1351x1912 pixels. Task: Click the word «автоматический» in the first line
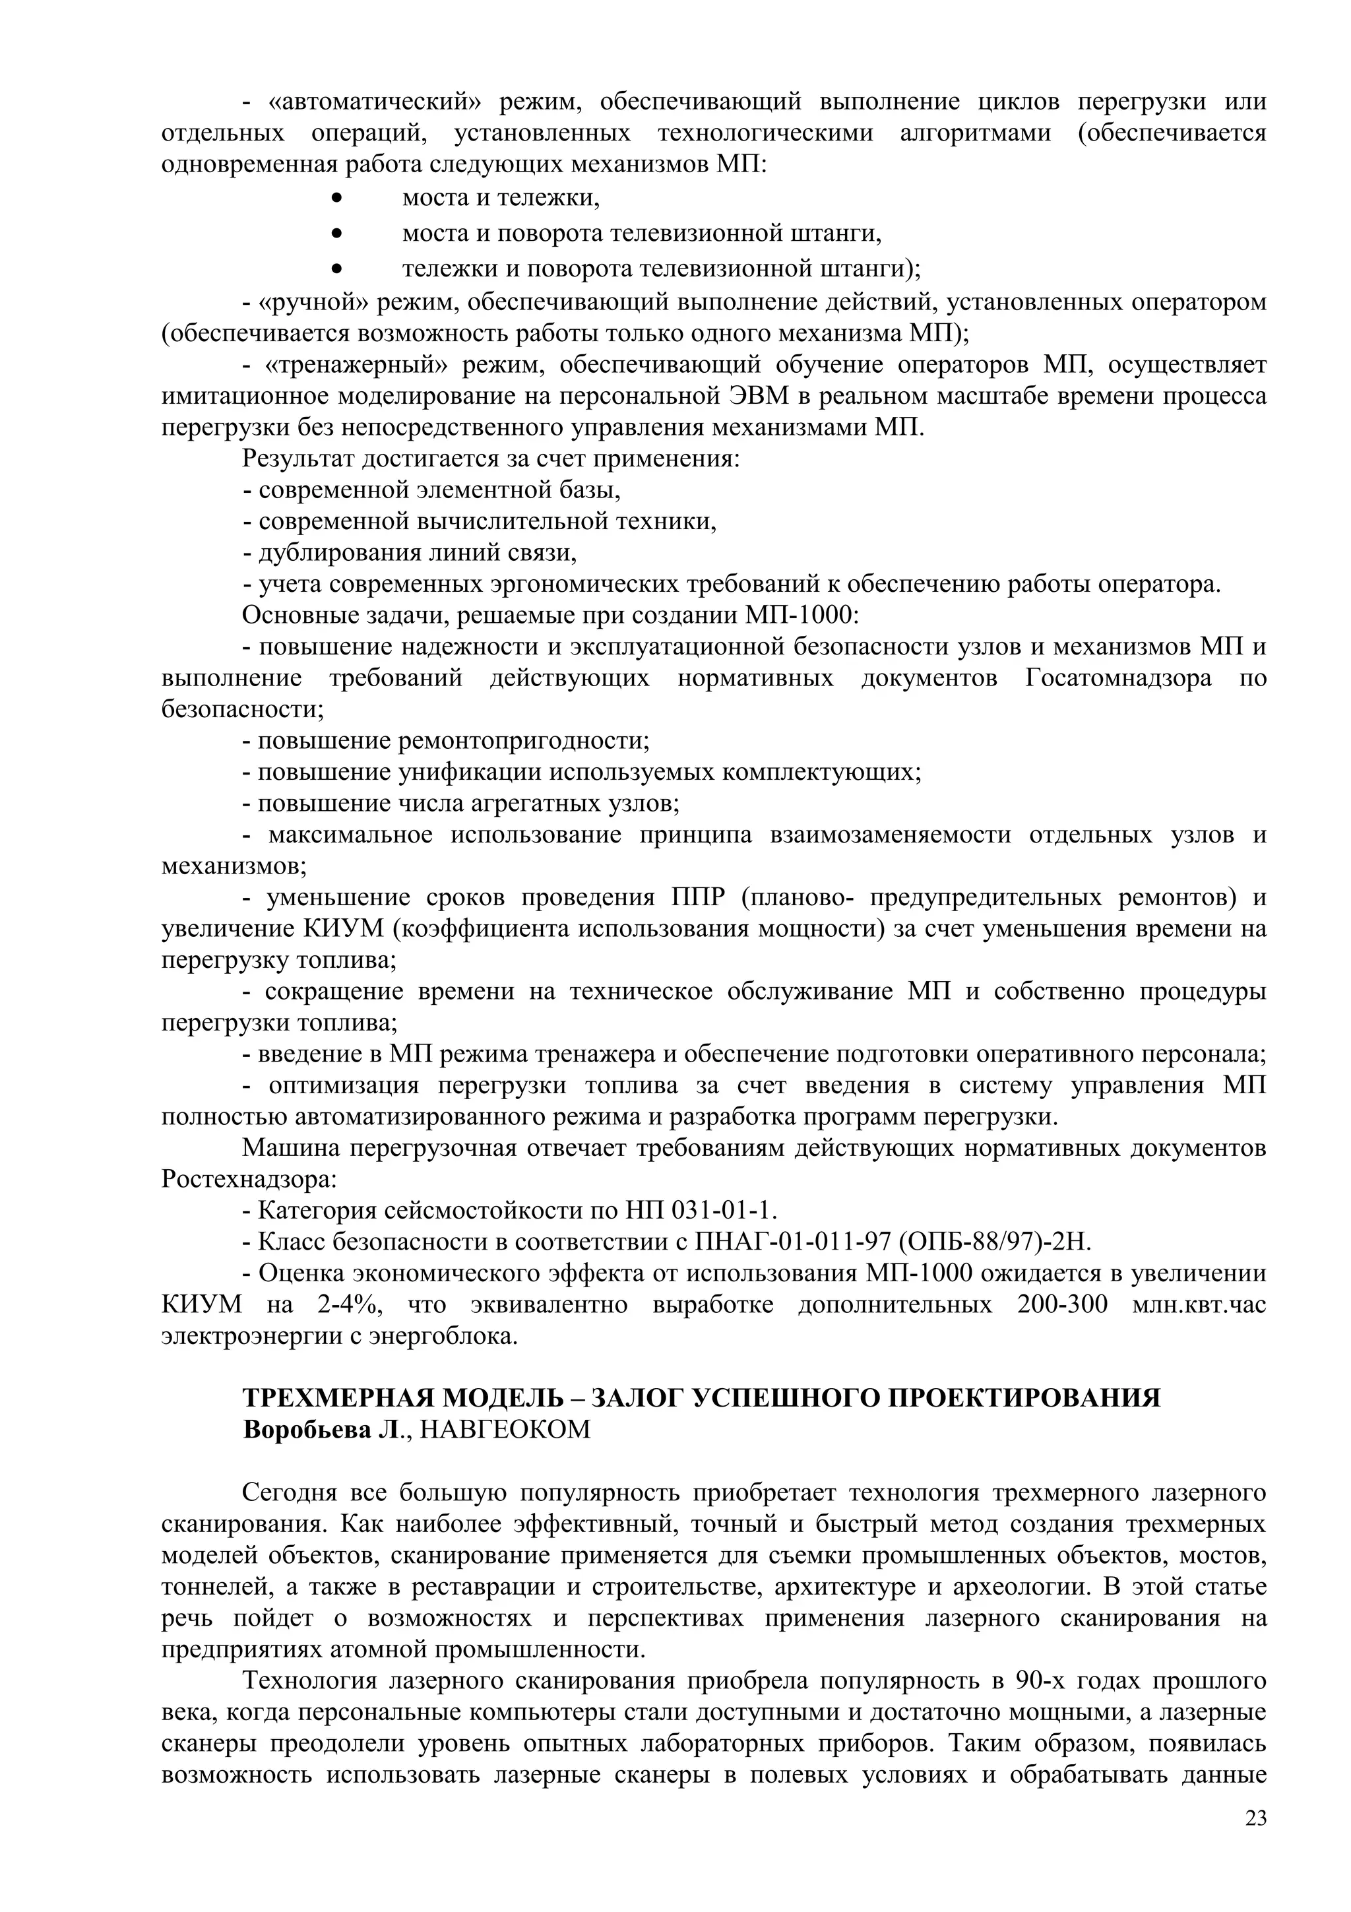[375, 102]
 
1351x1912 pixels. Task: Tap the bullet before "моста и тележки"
[336, 198]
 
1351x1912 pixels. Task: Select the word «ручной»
[314, 302]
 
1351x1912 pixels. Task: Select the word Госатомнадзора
[1118, 678]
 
